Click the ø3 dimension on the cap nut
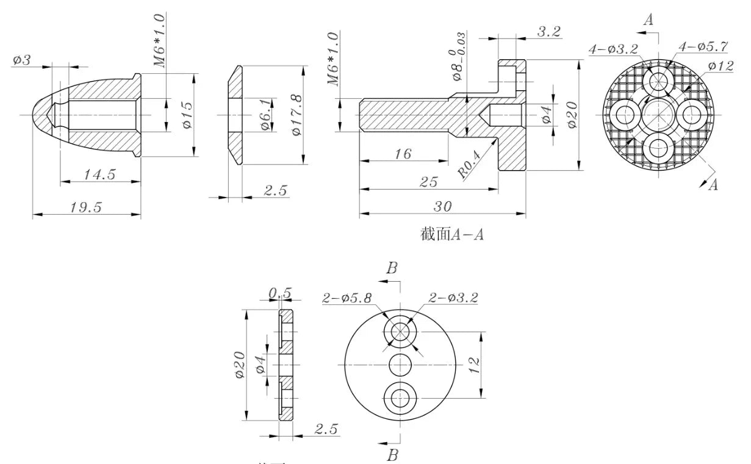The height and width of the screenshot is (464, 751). [x=22, y=60]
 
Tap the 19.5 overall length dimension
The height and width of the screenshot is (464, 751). [x=85, y=207]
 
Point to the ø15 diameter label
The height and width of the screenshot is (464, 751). [x=187, y=114]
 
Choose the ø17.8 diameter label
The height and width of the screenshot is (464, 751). [x=298, y=115]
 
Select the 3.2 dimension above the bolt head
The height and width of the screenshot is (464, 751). [x=548, y=32]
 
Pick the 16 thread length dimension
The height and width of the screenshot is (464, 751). [x=403, y=154]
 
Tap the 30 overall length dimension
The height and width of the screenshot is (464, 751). [x=442, y=207]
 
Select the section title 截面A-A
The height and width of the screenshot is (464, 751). [x=451, y=234]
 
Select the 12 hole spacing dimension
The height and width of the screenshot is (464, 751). [x=475, y=364]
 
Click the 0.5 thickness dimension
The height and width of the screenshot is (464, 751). [x=280, y=293]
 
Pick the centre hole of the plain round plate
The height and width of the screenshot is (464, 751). [x=400, y=365]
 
